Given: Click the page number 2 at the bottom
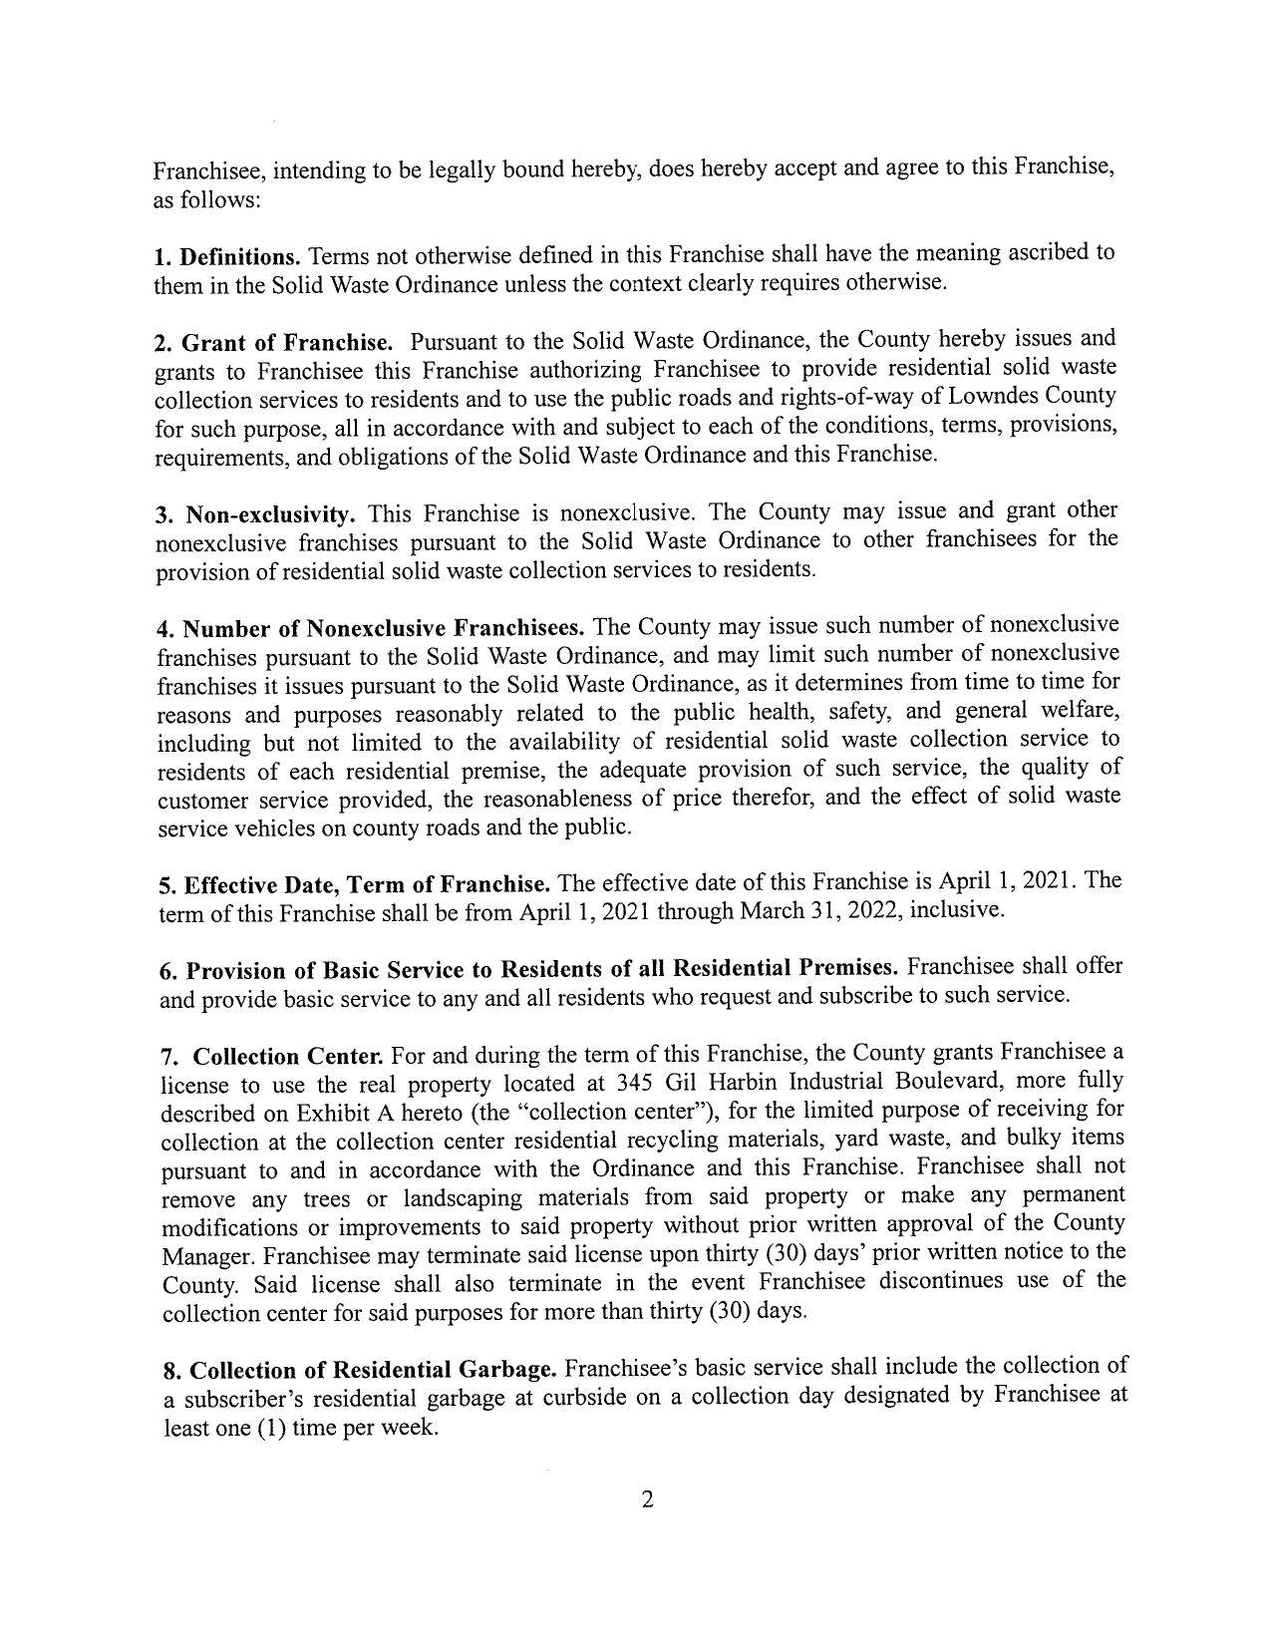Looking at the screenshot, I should click(647, 1500).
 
